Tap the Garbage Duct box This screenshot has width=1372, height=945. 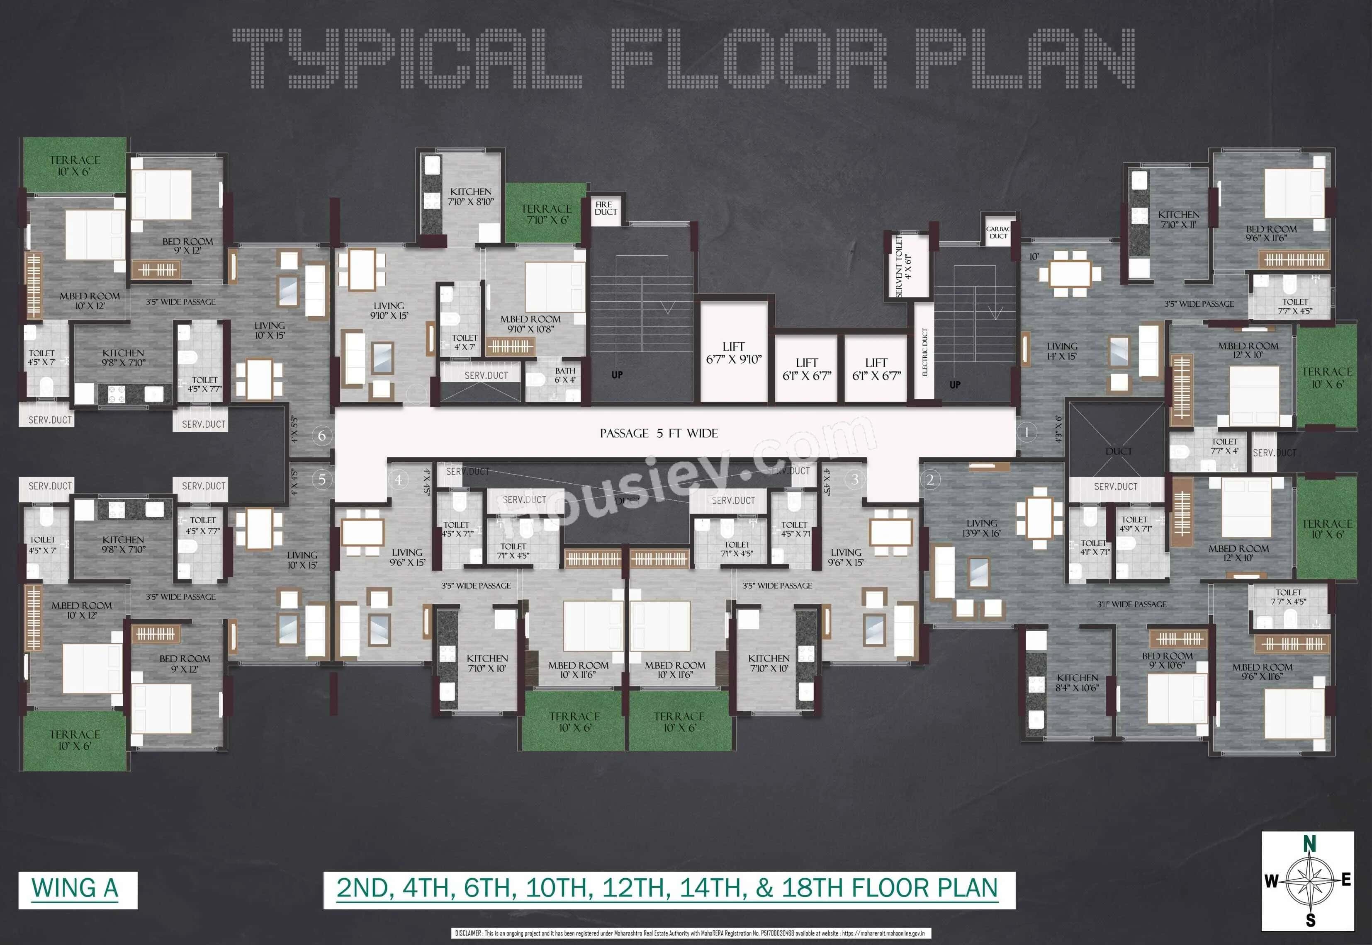(x=998, y=232)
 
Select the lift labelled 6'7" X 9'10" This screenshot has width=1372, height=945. (x=733, y=352)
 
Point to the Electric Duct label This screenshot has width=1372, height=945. (x=925, y=352)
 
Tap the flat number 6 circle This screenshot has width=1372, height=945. (x=322, y=436)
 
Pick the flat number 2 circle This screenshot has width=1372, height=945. (x=930, y=480)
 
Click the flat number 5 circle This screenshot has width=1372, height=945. (x=322, y=479)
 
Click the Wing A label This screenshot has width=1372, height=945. (x=75, y=889)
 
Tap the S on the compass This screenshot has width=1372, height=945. (x=1310, y=920)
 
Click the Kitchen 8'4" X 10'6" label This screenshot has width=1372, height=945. (x=1077, y=683)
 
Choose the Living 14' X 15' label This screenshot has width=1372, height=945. (x=1062, y=351)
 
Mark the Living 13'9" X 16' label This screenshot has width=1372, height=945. (x=982, y=528)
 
